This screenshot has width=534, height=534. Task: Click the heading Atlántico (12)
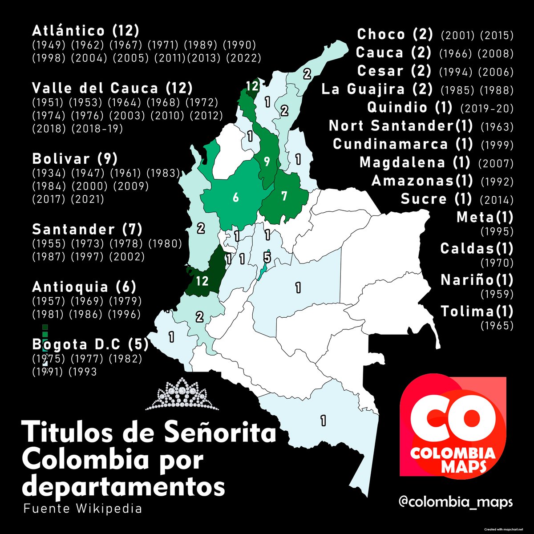(x=86, y=31)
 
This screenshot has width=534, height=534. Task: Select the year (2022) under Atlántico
(x=243, y=58)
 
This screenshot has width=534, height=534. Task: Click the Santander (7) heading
(x=87, y=230)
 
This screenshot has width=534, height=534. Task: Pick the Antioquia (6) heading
(x=84, y=287)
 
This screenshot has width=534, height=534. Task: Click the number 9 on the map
(x=267, y=162)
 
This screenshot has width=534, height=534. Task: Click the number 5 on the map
(x=267, y=257)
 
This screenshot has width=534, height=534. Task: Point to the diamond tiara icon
(x=182, y=394)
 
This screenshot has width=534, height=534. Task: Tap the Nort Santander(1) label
(x=401, y=126)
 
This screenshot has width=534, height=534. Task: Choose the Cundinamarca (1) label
(x=401, y=144)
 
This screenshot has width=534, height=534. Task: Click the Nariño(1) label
(x=477, y=280)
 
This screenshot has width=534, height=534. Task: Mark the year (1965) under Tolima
(x=497, y=326)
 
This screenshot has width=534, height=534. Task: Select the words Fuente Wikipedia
(x=83, y=508)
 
